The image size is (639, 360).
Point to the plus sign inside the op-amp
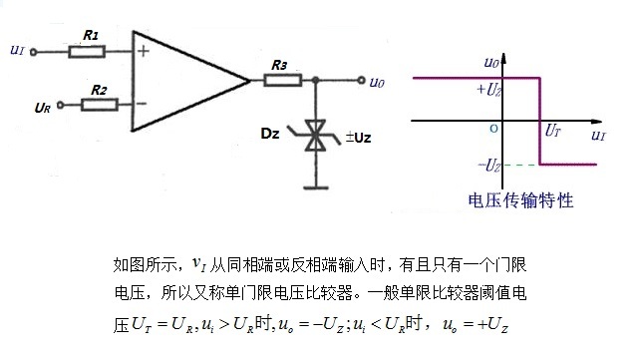click(144, 53)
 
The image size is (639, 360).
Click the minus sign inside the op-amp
click(144, 103)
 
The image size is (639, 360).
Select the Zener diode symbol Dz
click(316, 137)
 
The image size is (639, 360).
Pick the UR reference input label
click(42, 106)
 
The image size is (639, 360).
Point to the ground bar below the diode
click(316, 185)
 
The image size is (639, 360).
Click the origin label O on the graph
click(491, 129)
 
